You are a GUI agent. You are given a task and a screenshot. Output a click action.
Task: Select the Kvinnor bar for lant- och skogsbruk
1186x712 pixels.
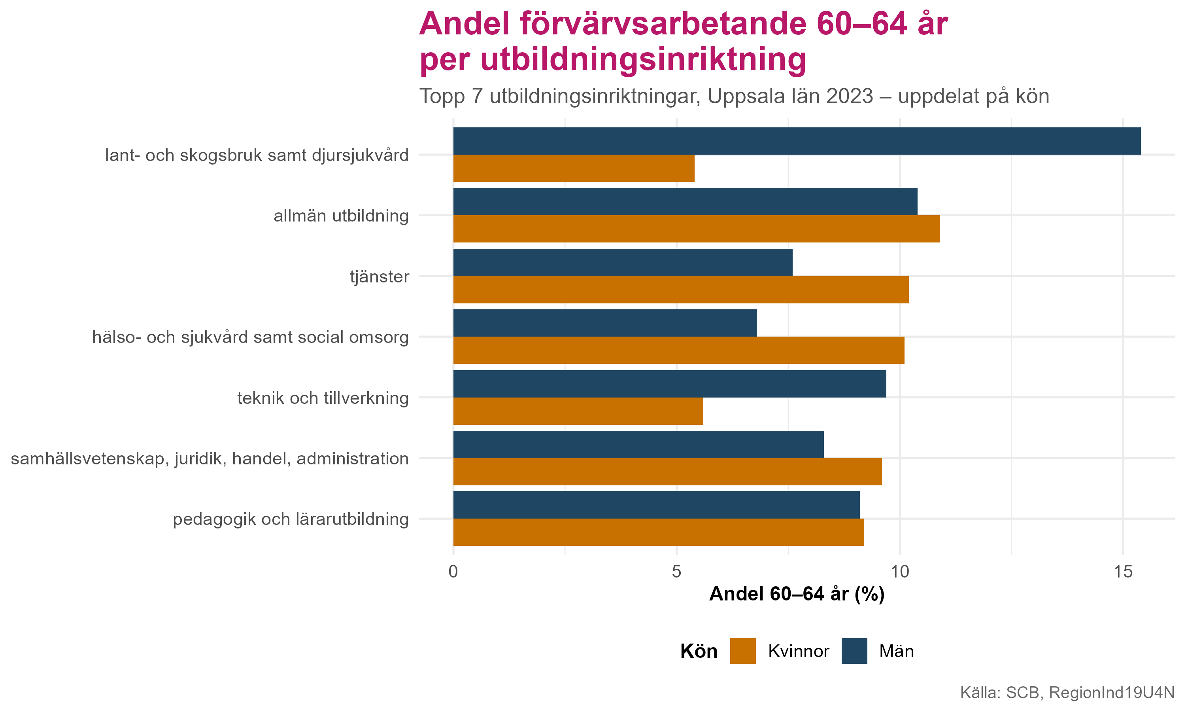[573, 169]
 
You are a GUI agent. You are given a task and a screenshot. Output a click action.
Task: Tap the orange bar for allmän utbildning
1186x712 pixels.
[696, 229]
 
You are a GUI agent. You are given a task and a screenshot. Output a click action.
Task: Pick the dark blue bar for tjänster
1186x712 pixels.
[622, 262]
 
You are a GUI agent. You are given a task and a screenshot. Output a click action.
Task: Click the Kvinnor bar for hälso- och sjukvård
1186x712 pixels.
[678, 350]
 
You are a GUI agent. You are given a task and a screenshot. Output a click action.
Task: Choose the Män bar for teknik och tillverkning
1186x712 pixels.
[669, 384]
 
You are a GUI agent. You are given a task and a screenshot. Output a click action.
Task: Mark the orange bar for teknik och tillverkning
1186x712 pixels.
[578, 411]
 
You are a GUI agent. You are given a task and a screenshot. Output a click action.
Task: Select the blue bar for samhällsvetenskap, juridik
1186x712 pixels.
[638, 444]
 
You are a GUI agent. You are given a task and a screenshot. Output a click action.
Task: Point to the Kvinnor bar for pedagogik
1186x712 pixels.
[658, 532]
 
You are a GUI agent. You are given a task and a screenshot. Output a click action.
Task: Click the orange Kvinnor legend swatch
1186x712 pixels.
[742, 651]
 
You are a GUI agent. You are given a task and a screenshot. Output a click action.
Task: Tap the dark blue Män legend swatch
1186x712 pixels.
[854, 651]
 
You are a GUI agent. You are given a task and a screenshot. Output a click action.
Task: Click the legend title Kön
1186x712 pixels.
[699, 651]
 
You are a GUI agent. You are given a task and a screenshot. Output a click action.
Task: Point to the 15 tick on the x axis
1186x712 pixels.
[1123, 572]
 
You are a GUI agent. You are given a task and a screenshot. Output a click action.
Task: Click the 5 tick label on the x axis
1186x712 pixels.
[676, 572]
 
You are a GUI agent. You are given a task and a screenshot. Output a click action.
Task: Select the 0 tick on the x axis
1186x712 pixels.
[453, 572]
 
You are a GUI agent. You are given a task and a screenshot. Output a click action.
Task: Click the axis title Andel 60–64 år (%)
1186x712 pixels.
[796, 595]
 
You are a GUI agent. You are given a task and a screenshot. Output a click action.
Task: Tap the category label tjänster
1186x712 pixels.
[379, 277]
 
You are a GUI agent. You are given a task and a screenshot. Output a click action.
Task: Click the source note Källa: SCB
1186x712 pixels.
[1067, 693]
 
